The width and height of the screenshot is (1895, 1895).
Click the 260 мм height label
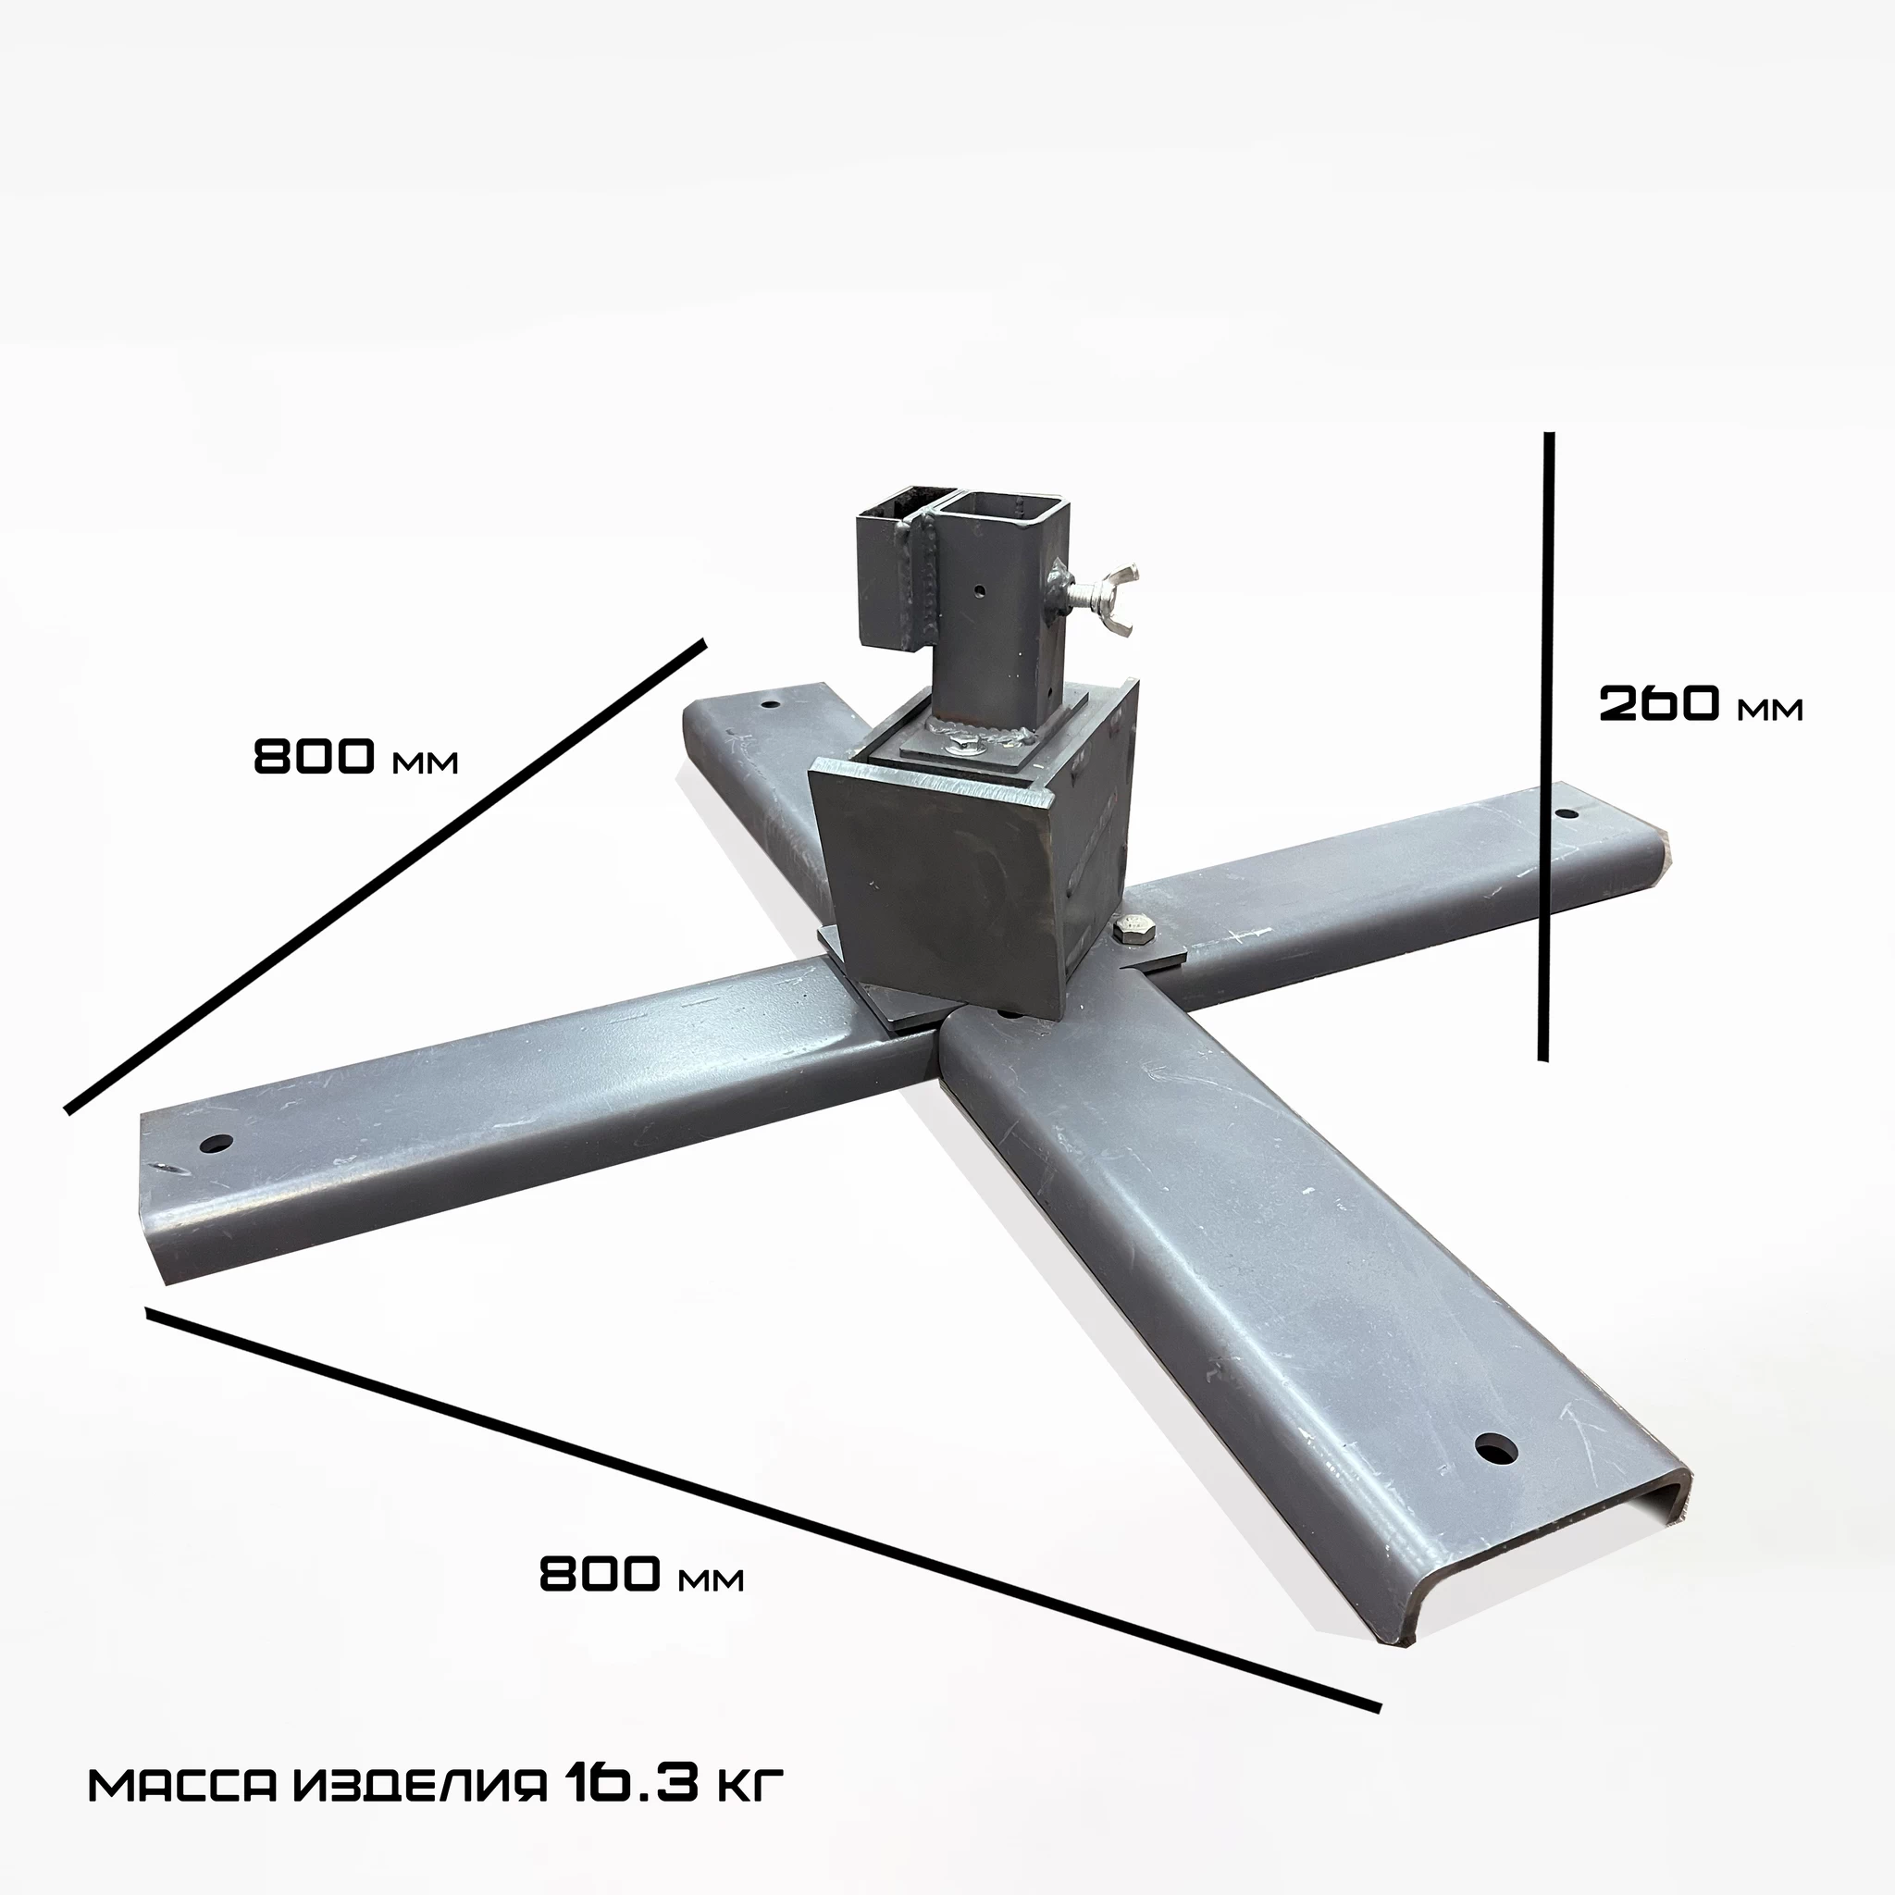[1700, 704]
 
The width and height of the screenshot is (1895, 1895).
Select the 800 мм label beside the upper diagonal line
[355, 756]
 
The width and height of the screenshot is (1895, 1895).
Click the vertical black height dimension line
[1546, 746]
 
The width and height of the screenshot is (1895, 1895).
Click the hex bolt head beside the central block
[1130, 931]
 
